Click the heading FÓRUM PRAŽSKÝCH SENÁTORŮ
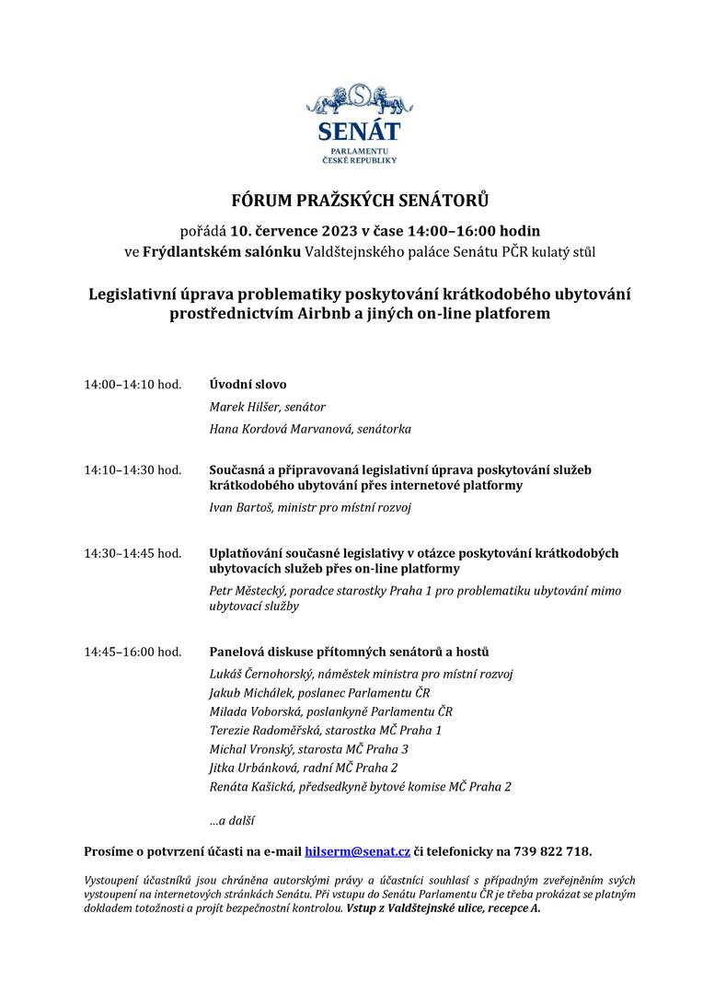click(351, 200)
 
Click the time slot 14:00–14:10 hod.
click(133, 384)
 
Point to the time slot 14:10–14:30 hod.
click(133, 469)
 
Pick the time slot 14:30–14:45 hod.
click(133, 553)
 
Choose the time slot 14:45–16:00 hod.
click(133, 652)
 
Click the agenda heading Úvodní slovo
click(248, 384)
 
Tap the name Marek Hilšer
click(241, 407)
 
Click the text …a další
click(232, 819)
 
